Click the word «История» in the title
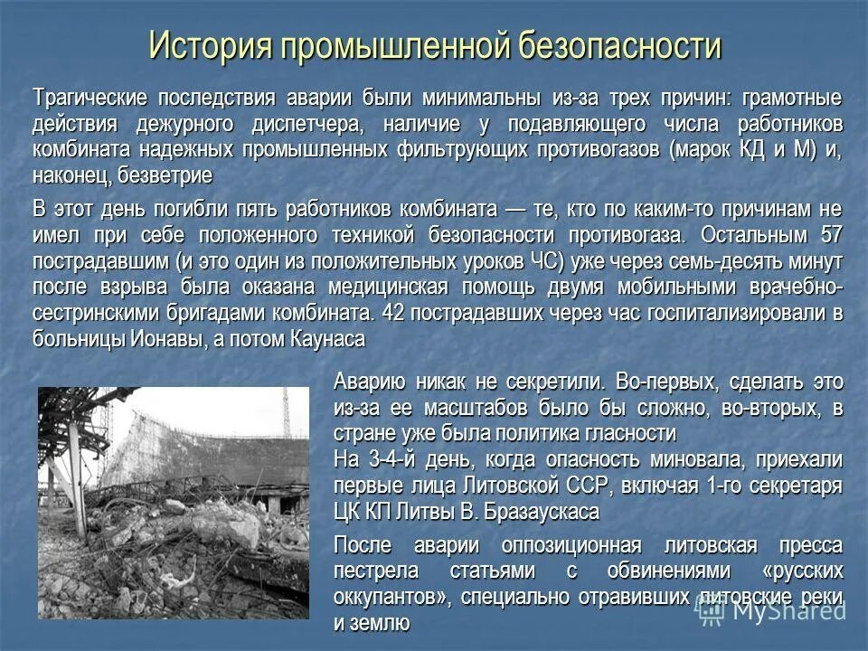click(209, 45)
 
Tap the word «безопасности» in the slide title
click(618, 45)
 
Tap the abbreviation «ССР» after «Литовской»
click(571, 486)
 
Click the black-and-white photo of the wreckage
click(173, 503)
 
